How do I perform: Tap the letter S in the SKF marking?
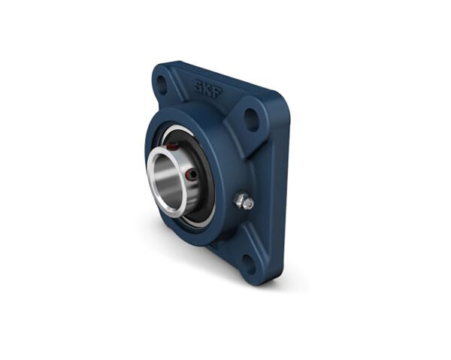coord(198,86)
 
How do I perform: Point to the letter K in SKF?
coord(208,89)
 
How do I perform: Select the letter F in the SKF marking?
coord(218,93)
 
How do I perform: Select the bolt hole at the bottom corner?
coord(248,264)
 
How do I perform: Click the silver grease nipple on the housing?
coord(244,201)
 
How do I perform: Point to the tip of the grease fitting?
coord(250,204)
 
